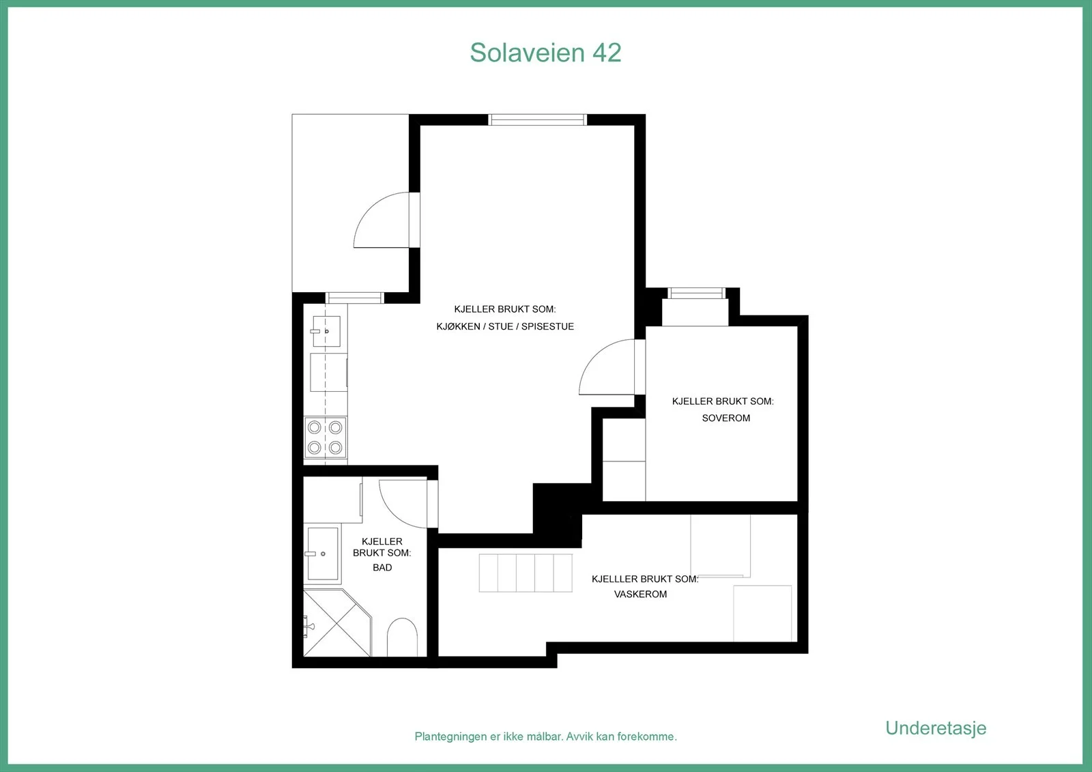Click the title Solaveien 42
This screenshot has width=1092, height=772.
[x=545, y=53]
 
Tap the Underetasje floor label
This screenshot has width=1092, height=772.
[x=936, y=728]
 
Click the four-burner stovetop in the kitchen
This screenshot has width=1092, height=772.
[x=325, y=438]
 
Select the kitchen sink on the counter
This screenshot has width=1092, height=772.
[x=326, y=331]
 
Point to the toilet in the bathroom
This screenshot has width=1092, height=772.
[x=402, y=637]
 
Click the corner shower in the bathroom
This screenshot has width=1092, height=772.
[x=337, y=623]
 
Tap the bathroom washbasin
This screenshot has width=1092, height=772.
[x=322, y=554]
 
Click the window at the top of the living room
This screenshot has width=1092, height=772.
[x=537, y=119]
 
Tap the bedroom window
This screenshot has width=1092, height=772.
[x=696, y=293]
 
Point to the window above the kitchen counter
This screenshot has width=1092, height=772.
[x=354, y=298]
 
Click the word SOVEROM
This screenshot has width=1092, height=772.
[x=726, y=418]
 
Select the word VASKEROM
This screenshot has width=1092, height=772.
[x=640, y=594]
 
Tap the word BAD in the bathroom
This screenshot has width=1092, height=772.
[x=382, y=567]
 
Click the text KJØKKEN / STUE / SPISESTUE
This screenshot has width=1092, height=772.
[x=505, y=326]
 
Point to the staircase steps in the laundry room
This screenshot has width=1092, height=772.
[x=526, y=573]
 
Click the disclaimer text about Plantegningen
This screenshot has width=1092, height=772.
[x=545, y=737]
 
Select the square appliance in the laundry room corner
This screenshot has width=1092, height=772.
[x=762, y=614]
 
